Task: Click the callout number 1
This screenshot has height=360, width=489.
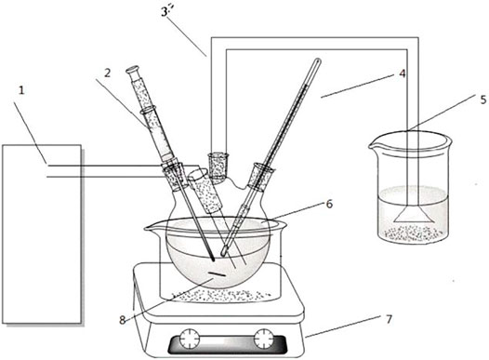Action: point(21,90)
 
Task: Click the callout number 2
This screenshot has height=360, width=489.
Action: point(107,73)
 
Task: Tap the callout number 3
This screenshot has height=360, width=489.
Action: point(165,13)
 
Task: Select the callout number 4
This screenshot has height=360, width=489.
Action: point(403,73)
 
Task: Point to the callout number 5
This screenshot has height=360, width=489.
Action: point(483,100)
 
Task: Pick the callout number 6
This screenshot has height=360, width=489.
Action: point(329,204)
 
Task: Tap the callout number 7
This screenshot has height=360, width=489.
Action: point(389,319)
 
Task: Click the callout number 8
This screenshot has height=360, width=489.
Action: point(122,320)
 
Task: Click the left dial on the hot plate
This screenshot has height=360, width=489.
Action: point(190,339)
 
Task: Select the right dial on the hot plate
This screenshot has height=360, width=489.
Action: point(263,339)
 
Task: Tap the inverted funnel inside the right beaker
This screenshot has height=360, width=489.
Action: point(413,215)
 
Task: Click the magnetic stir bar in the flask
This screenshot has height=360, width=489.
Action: point(218,274)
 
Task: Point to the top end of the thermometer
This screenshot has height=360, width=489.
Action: point(317,61)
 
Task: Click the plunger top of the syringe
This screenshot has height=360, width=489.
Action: point(133,69)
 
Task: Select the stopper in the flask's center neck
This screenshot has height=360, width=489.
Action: point(218,166)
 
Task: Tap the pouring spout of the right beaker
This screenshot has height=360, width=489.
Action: point(373,145)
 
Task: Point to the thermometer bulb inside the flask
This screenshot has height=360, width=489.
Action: point(224,250)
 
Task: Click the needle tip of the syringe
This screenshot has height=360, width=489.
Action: point(213,259)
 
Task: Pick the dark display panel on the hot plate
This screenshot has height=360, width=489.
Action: point(227,344)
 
